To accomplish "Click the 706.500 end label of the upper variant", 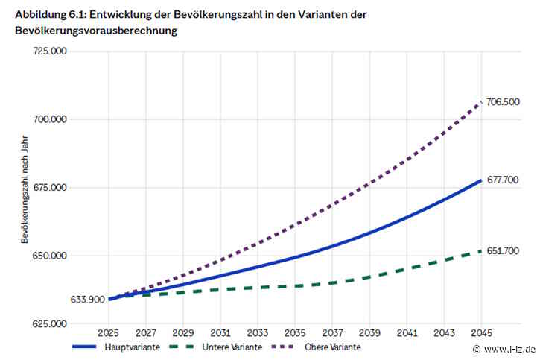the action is pyautogui.click(x=503, y=102).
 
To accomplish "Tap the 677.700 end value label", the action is pyautogui.click(x=503, y=180).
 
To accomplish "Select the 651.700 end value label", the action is pyautogui.click(x=503, y=250).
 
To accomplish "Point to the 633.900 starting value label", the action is pyautogui.click(x=87, y=300).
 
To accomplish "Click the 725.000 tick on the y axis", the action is pyautogui.click(x=50, y=51).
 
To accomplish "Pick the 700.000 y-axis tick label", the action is pyautogui.click(x=50, y=119).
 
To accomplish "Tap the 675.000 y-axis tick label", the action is pyautogui.click(x=50, y=187).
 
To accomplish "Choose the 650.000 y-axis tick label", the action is pyautogui.click(x=50, y=256).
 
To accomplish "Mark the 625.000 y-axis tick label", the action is pyautogui.click(x=50, y=323).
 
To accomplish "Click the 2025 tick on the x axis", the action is pyautogui.click(x=108, y=332).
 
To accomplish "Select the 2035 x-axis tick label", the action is pyautogui.click(x=295, y=332).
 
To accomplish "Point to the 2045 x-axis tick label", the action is pyautogui.click(x=481, y=332).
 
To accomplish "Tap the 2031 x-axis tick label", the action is pyautogui.click(x=220, y=332).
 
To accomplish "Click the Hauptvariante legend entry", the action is pyautogui.click(x=116, y=347).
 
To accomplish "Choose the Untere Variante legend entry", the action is pyautogui.click(x=216, y=347).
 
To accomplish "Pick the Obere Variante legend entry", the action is pyautogui.click(x=316, y=347).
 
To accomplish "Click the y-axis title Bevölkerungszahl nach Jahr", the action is pyautogui.click(x=25, y=190).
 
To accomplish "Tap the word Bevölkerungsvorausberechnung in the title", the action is pyautogui.click(x=96, y=31).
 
